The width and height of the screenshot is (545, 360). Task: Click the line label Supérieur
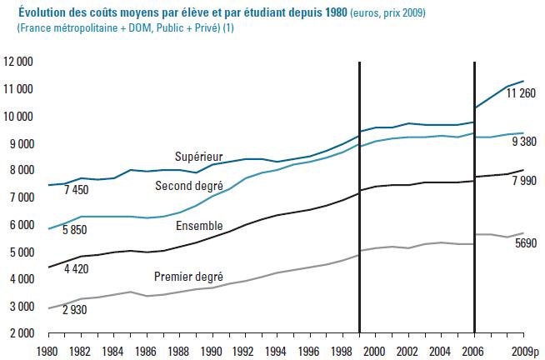(x=197, y=157)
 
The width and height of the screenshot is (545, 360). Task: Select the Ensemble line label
(x=199, y=226)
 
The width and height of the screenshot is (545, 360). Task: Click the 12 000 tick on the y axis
(x=18, y=62)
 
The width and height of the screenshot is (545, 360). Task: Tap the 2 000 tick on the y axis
(x=21, y=332)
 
